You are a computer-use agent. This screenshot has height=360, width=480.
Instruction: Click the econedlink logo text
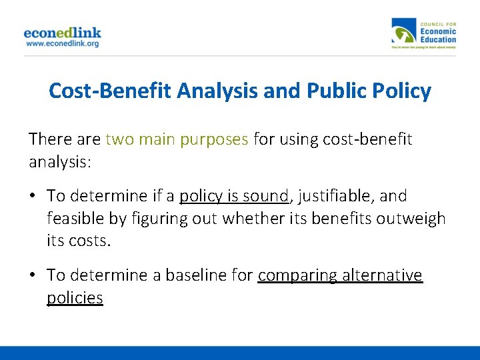(62, 33)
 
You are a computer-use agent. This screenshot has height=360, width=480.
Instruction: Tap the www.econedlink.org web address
(62, 43)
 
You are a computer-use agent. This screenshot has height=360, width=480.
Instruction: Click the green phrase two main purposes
(177, 139)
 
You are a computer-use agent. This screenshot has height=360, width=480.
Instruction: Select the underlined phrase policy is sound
(234, 196)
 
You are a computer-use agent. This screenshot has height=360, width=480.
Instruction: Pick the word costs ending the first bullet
(89, 240)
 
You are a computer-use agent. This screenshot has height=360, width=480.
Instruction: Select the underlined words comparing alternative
(340, 275)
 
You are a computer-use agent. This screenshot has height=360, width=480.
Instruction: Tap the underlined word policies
(75, 297)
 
